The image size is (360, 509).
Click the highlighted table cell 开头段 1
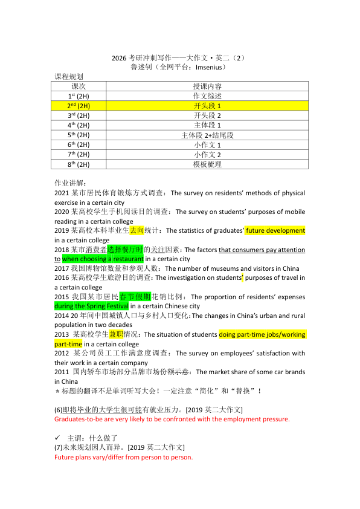coord(207,106)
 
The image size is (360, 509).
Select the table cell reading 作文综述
coord(207,96)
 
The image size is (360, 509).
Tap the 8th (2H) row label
coord(79,164)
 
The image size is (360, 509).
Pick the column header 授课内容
coord(207,86)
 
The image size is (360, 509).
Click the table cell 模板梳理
coord(207,164)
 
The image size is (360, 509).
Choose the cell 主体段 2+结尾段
coord(207,135)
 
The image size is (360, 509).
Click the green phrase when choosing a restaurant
coord(103,259)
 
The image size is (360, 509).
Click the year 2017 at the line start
coord(62,268)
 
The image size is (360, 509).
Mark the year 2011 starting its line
coord(62,372)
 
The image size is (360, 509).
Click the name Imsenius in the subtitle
coord(207,68)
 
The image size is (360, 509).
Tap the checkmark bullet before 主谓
coord(57,437)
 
